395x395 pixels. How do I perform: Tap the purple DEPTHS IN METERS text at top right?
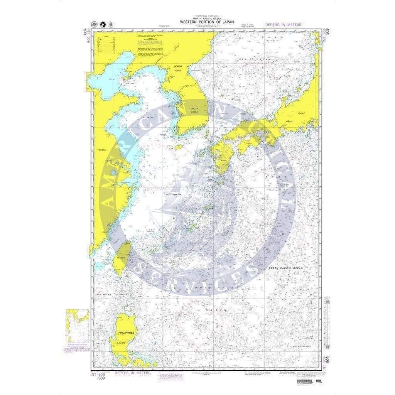click(283, 25)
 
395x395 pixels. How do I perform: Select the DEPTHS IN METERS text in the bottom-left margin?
click(133, 373)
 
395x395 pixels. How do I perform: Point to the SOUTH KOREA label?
click(194, 110)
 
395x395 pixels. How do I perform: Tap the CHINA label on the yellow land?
click(102, 150)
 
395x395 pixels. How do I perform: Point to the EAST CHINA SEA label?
click(174, 194)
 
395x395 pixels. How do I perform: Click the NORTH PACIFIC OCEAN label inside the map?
click(286, 268)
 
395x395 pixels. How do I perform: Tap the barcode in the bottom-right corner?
click(307, 381)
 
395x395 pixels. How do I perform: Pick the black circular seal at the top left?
click(101, 24)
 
